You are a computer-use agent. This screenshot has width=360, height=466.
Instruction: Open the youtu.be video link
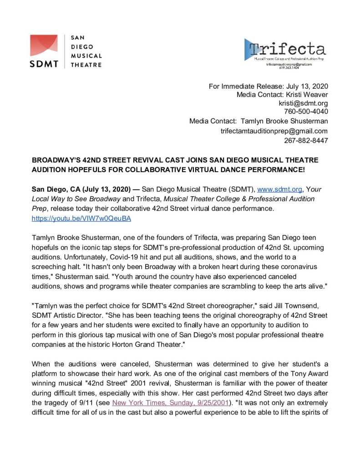(81, 218)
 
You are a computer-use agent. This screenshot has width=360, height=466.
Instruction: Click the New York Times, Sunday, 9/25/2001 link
(170, 402)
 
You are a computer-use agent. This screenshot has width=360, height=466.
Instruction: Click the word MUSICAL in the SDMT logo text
(86, 56)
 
